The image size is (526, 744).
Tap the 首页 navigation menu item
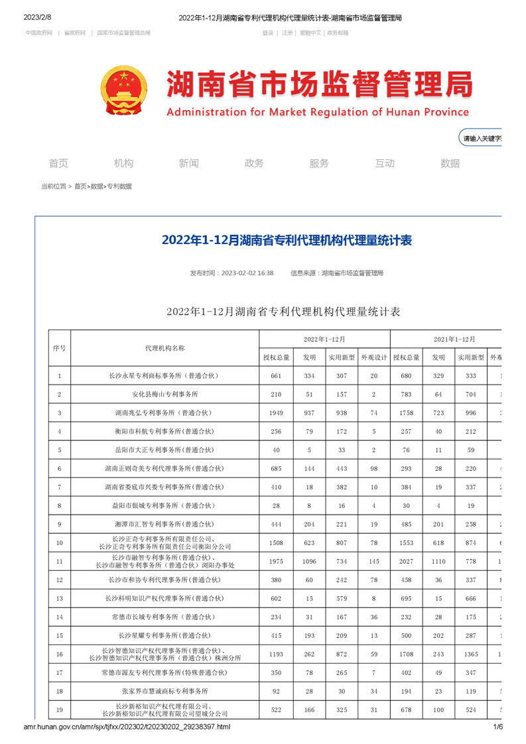[x=58, y=163]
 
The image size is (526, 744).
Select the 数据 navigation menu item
[x=450, y=163]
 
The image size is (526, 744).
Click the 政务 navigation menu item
[x=254, y=163]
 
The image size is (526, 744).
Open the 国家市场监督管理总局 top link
[x=123, y=32]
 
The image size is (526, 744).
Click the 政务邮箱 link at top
[x=338, y=32]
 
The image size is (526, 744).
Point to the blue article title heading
[x=287, y=240]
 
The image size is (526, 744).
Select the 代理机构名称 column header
[x=164, y=348]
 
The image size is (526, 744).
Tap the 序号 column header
[x=59, y=348]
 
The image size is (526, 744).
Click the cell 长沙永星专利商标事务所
[x=164, y=376]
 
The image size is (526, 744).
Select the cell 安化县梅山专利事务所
[x=164, y=395]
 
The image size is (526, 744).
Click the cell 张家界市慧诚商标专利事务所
[x=164, y=692]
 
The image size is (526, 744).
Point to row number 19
[x=59, y=710]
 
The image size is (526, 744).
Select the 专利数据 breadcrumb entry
[x=119, y=187]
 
